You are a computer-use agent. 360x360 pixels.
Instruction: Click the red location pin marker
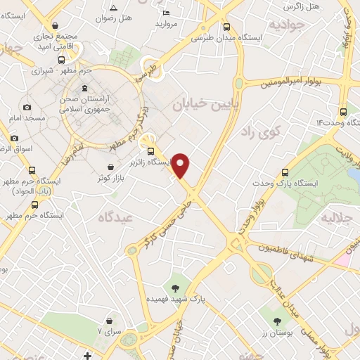click(x=181, y=165)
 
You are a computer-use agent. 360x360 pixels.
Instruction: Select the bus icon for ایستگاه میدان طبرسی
click(x=226, y=27)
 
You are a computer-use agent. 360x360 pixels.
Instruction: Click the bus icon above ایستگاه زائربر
click(x=150, y=151)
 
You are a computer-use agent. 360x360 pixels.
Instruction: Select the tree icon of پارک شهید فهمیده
click(x=175, y=287)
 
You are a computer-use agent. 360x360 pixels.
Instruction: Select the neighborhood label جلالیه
click(x=336, y=218)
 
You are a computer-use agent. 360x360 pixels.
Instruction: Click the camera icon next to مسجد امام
click(x=27, y=108)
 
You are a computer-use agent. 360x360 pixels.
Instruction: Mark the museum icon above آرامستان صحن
click(x=85, y=89)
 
